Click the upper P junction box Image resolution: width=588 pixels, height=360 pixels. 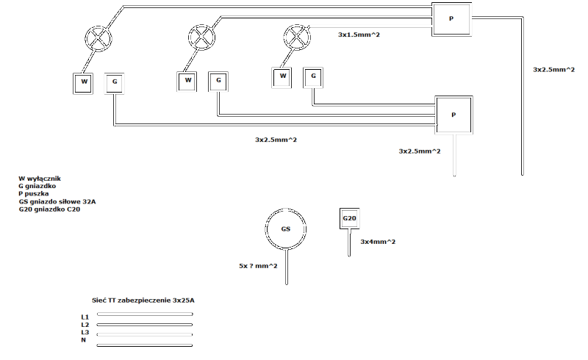451,18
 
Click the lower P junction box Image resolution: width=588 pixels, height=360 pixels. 453,115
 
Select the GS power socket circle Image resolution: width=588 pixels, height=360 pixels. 286,229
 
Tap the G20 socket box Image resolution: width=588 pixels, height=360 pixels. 349,219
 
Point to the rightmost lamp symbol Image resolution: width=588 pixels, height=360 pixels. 297,37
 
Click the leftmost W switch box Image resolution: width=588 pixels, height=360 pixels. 84,82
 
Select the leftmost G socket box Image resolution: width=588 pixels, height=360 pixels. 114,83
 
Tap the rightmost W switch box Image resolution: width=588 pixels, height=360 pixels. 282,76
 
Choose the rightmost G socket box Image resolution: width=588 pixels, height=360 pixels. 313,76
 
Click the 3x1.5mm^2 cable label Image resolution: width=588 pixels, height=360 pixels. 358,35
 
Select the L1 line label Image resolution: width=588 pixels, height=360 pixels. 85,317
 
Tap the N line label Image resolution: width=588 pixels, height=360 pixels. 84,340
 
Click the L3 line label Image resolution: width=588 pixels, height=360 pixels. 85,332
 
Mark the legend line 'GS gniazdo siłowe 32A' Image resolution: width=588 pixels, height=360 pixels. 57,201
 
